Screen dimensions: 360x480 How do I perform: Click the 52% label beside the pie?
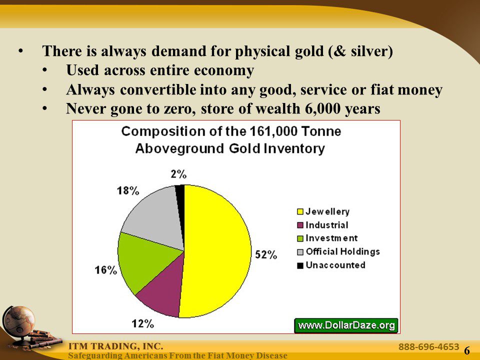pyautogui.click(x=266, y=254)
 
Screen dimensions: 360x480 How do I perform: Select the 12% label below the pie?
pyautogui.click(x=142, y=323)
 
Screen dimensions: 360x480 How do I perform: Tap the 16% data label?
pyautogui.click(x=105, y=270)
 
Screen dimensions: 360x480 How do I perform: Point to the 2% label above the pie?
pyautogui.click(x=178, y=174)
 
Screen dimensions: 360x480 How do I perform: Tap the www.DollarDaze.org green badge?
pyautogui.click(x=346, y=325)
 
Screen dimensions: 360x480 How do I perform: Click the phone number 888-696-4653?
pyautogui.click(x=428, y=346)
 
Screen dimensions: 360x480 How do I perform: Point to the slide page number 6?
pyautogui.click(x=467, y=350)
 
